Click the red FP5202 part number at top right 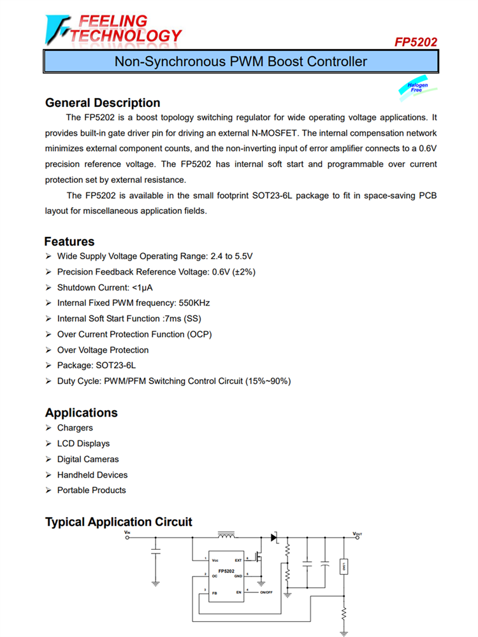pyautogui.click(x=416, y=43)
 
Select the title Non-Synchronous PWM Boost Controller pyautogui.click(x=240, y=62)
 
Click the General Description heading pyautogui.click(x=103, y=103)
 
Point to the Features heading pyautogui.click(x=69, y=241)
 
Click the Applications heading pyautogui.click(x=81, y=413)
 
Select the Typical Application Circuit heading pyautogui.click(x=119, y=522)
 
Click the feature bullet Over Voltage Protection pyautogui.click(x=103, y=350)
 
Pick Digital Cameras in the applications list pyautogui.click(x=88, y=459)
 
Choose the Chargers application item pyautogui.click(x=75, y=428)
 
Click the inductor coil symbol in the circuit pyautogui.click(x=226, y=534)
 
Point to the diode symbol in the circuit pyautogui.click(x=274, y=538)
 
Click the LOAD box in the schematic pyautogui.click(x=344, y=565)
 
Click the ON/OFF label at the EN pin pyautogui.click(x=266, y=592)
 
